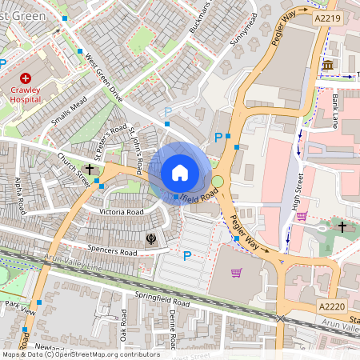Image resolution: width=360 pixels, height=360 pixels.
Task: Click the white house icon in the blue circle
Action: pos(180,172)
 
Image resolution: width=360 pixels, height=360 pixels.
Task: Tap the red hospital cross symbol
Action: pos(26,78)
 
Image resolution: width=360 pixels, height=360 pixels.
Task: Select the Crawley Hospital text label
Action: pos(26,96)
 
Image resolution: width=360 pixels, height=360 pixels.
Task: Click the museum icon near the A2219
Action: pos(328,65)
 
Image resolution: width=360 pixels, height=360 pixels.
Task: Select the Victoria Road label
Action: pos(121,212)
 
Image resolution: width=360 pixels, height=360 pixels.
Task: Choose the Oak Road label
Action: pos(123,324)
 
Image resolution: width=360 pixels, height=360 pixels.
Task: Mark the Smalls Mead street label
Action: pos(68,112)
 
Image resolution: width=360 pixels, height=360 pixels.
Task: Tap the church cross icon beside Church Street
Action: pos(90,169)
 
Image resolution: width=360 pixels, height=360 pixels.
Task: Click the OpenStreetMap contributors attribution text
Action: pos(80,354)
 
